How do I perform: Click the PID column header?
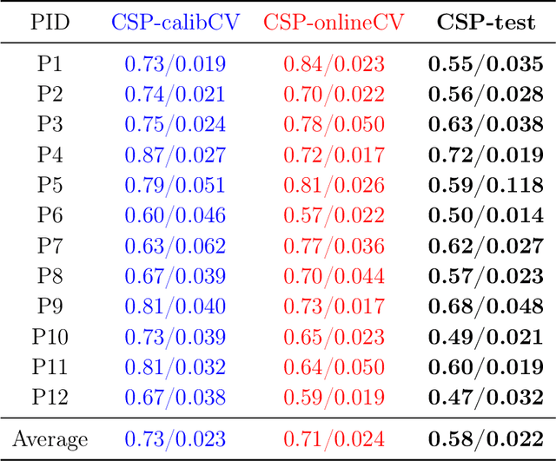click(50, 21)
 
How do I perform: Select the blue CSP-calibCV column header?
click(175, 21)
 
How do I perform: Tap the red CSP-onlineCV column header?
click(334, 21)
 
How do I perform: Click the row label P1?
click(50, 64)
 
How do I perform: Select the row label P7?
click(50, 246)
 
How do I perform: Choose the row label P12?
click(50, 397)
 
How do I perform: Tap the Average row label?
click(50, 438)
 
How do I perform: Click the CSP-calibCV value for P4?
click(175, 155)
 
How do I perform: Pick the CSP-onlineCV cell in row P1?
click(334, 64)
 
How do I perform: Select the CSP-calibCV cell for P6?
click(175, 215)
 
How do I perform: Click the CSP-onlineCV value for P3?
click(334, 125)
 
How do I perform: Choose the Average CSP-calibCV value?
click(175, 438)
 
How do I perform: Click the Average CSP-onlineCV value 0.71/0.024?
click(334, 438)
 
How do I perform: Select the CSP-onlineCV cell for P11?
click(334, 367)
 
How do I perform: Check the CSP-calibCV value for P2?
click(175, 95)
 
